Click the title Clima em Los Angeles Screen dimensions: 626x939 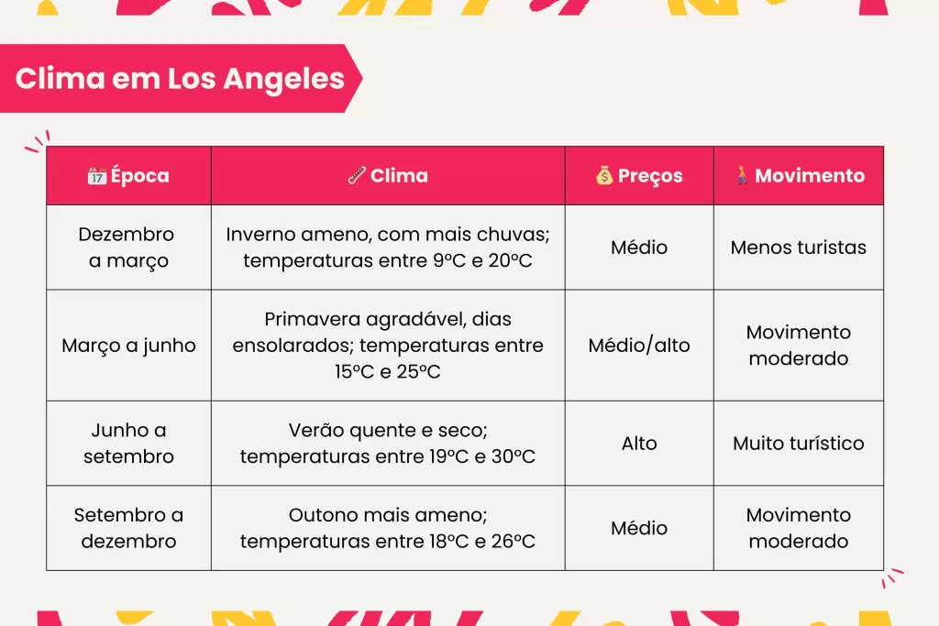click(x=180, y=78)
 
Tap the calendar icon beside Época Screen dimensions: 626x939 click(x=96, y=176)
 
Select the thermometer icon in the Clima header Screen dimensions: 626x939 click(x=357, y=176)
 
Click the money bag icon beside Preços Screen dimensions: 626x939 click(x=604, y=176)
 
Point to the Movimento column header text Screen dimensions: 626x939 click(x=810, y=176)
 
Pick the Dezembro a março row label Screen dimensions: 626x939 click(x=128, y=247)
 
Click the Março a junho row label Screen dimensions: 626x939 click(x=128, y=346)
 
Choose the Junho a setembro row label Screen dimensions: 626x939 click(x=128, y=443)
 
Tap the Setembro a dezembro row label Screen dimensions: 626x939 click(x=128, y=528)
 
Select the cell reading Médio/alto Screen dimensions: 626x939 click(x=639, y=346)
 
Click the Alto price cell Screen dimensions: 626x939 click(x=639, y=444)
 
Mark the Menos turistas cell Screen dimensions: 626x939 click(x=799, y=247)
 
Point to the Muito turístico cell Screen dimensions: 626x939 click(x=799, y=444)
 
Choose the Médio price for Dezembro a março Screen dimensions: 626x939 click(x=639, y=247)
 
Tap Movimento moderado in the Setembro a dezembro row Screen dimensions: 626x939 click(x=799, y=528)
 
